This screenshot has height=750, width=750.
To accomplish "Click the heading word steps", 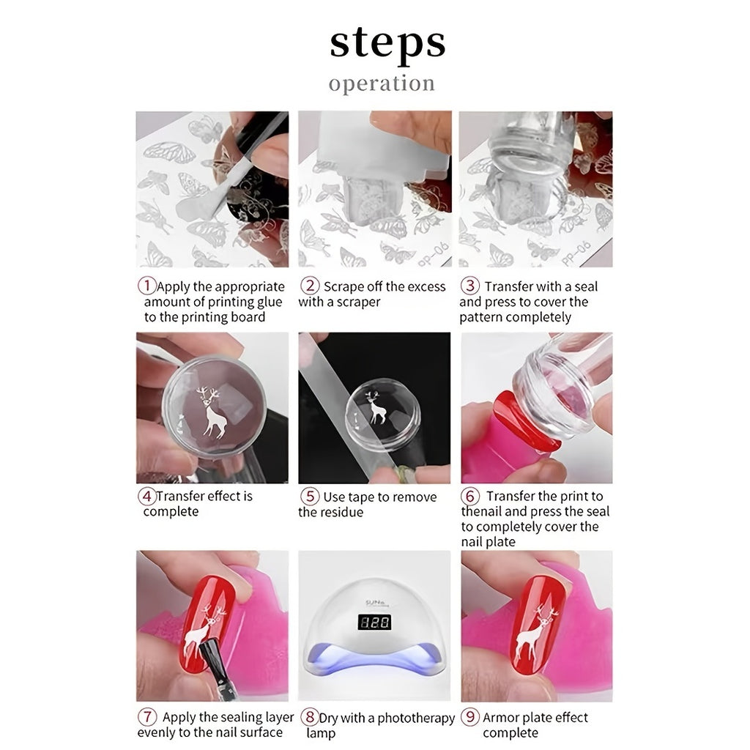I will [387, 44].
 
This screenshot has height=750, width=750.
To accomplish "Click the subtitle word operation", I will [382, 83].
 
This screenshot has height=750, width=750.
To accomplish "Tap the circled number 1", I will [147, 286].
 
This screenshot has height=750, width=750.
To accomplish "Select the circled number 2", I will [311, 286].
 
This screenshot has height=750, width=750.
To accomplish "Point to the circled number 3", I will [470, 286].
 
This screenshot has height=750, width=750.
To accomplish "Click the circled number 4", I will [146, 496].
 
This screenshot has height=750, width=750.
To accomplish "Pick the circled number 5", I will [311, 497].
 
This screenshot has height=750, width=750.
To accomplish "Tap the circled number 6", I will [472, 497].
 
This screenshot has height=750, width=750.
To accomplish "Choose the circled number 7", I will [147, 717].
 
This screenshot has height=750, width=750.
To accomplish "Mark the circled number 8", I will [311, 717].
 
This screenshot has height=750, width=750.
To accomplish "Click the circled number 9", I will [470, 717].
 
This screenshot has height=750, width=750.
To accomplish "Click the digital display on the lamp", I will [374, 623].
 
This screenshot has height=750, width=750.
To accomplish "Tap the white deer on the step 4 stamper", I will [212, 414].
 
